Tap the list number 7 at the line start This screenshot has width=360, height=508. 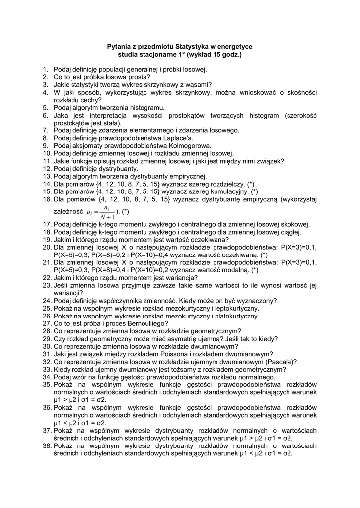pyautogui.click(x=45, y=130)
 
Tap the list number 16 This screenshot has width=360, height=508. pyautogui.click(x=47, y=199)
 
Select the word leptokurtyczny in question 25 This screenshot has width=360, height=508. pyautogui.click(x=236, y=308)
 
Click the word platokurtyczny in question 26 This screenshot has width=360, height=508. pyautogui.click(x=235, y=316)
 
